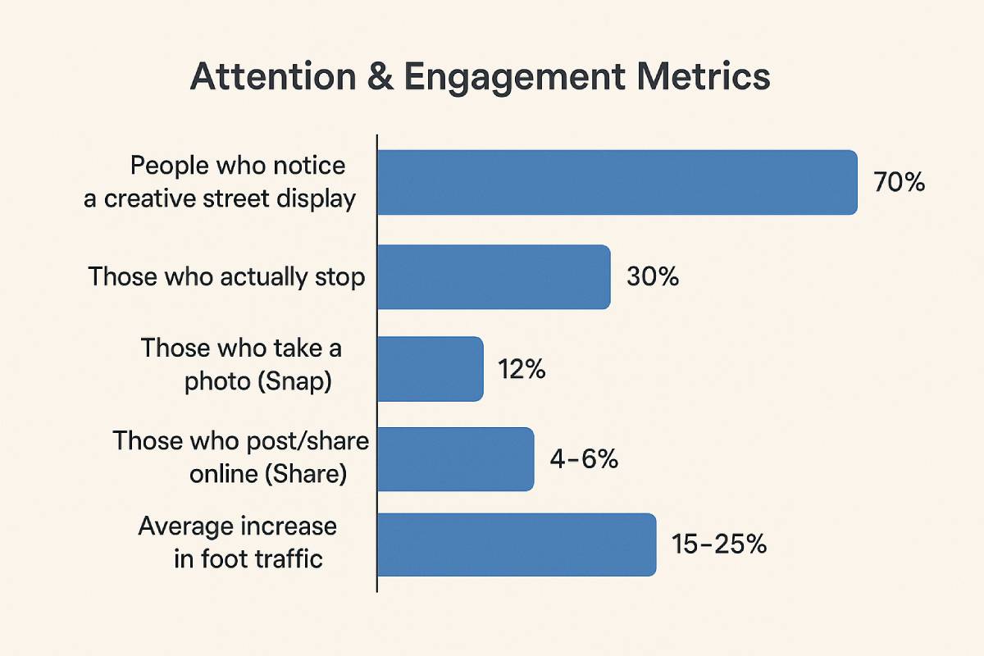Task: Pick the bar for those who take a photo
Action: [x=430, y=369]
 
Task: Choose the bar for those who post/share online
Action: [x=456, y=459]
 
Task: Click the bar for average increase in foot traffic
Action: [x=517, y=544]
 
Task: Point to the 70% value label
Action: [x=899, y=183]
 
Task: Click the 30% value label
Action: [x=653, y=277]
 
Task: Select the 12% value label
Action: [x=522, y=370]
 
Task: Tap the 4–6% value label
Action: [x=584, y=460]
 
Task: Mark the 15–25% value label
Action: [x=718, y=544]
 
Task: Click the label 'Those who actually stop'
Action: [x=227, y=277]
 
